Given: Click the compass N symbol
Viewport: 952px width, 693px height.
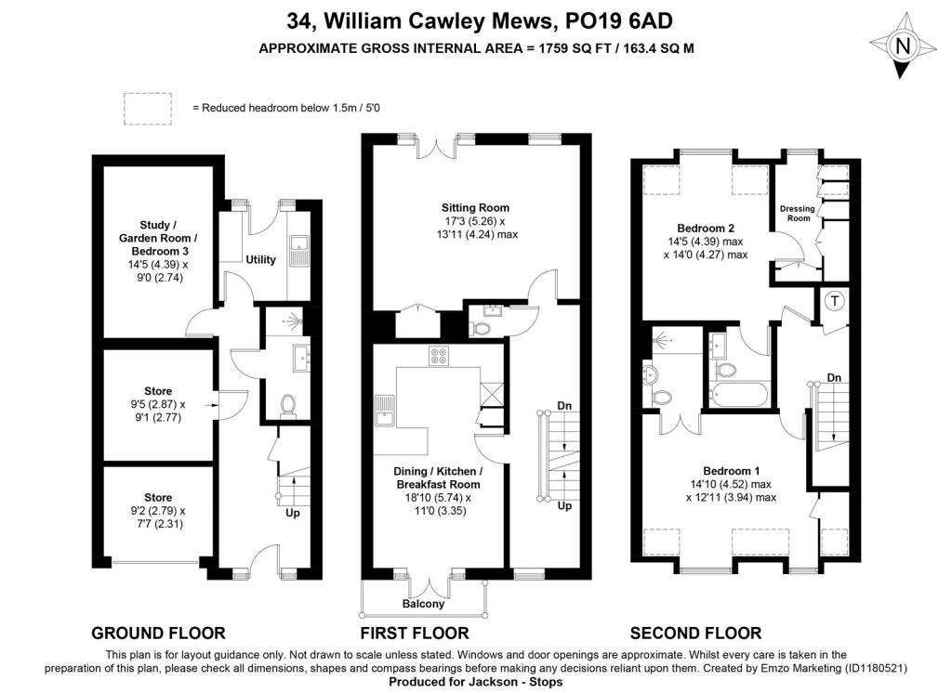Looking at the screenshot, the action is point(903,46).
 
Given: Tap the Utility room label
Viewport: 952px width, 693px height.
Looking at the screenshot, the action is point(260,260).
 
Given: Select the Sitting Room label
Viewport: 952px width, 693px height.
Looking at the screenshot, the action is point(475,207).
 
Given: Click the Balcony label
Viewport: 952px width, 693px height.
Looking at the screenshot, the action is point(423,604).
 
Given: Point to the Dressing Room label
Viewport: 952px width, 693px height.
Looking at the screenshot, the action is point(798,213).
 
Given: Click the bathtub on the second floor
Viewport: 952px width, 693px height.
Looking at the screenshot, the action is point(739,395).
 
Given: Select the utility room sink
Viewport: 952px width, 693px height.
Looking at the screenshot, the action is point(298,251).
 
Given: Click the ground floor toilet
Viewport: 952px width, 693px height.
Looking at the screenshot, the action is point(288,405).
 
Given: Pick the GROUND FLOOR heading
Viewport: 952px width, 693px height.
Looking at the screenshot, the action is point(158,634).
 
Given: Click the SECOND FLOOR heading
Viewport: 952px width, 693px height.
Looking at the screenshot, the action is point(695,634).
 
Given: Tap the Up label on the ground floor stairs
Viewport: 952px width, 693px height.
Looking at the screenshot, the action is point(293,514).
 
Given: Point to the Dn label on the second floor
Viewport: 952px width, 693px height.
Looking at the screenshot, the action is point(834,378).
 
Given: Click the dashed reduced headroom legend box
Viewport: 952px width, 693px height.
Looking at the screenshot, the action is point(148,109).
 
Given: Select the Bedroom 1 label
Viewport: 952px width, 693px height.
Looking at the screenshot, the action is point(731,471).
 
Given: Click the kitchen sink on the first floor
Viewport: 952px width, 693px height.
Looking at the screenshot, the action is point(384,411).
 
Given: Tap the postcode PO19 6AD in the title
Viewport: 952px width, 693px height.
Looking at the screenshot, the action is point(618,21).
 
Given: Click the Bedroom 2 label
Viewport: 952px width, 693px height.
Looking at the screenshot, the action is point(706,229).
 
